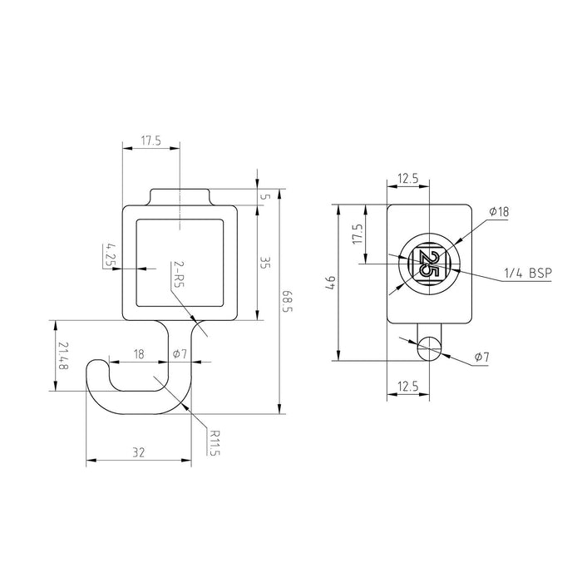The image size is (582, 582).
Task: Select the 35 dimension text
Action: [x=265, y=264]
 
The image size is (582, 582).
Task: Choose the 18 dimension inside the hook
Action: [x=139, y=354]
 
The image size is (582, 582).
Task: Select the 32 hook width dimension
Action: [x=138, y=452]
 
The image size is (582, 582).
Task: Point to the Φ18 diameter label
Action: [x=498, y=212]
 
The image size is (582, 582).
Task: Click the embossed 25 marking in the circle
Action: [x=429, y=264]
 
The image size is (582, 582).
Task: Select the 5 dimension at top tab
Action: [x=265, y=196]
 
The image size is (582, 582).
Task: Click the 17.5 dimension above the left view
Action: [x=150, y=142]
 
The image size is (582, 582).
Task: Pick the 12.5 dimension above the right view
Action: [x=408, y=178]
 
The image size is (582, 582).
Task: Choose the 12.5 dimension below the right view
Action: [x=408, y=386]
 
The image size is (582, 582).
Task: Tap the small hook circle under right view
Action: [x=429, y=349]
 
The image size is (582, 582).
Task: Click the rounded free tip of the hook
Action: [x=98, y=366]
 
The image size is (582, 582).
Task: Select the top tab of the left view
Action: [x=180, y=196]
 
